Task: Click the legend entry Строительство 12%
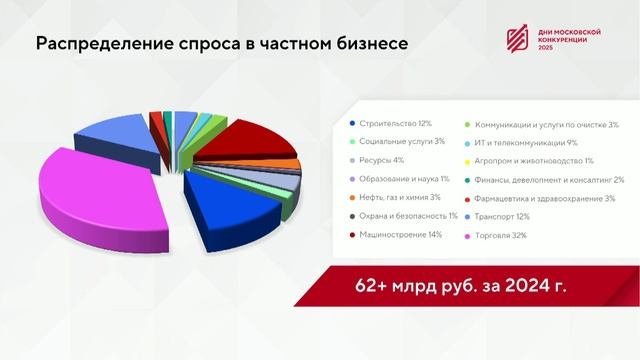pyautogui.click(x=394, y=123)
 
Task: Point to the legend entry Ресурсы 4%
pyautogui.click(x=380, y=161)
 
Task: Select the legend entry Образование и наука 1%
pyautogui.click(x=400, y=179)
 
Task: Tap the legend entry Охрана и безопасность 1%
pyautogui.click(x=403, y=216)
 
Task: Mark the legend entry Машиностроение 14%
pyautogui.click(x=399, y=235)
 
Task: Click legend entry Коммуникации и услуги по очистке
pyautogui.click(x=546, y=124)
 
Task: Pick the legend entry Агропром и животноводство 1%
pyautogui.click(x=534, y=161)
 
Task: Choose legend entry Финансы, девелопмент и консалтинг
pyautogui.click(x=549, y=179)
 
